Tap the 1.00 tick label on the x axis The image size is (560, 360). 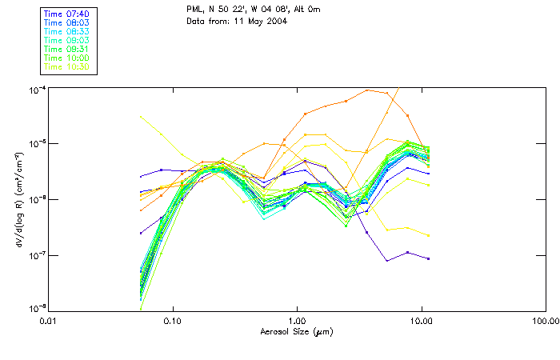coord(297,321)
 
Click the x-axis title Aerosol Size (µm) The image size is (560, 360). coord(296,331)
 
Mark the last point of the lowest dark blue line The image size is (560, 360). coord(429,258)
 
